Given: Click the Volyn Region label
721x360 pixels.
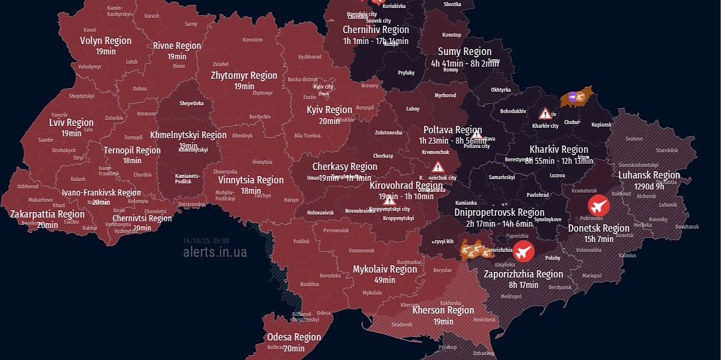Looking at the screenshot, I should point(106,40).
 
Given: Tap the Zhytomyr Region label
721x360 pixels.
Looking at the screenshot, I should point(243,76).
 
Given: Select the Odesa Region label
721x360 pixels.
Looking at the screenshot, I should point(294,337).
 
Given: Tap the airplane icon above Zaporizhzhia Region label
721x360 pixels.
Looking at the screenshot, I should point(523,251).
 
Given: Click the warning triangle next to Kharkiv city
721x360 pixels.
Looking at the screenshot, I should point(545,114).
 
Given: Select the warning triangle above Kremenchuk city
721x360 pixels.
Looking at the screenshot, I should point(438,167).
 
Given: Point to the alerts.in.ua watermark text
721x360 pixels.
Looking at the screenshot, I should point(215,252).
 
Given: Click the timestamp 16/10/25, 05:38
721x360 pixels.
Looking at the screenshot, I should point(205,240).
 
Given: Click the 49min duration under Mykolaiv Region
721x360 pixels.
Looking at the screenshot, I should point(385,280).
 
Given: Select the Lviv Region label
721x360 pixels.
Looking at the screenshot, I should point(72,123).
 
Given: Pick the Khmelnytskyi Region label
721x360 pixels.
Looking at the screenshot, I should point(188,135).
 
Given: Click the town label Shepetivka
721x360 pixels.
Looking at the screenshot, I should point(191,104).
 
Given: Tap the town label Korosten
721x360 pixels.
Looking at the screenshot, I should point(253,40).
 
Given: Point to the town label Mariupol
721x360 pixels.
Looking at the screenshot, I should point(591,276).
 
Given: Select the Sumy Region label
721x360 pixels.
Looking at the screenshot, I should point(464,52).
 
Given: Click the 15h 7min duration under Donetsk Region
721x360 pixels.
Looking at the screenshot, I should point(599,239).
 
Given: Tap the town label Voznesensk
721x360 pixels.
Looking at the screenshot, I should point(361,251).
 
